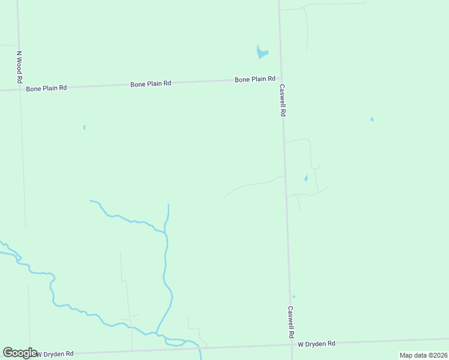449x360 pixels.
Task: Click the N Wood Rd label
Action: tap(19, 67)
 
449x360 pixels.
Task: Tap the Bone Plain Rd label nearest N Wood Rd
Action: tap(46, 88)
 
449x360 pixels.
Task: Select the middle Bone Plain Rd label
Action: tap(151, 84)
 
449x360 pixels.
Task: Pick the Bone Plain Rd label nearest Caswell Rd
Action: tap(255, 79)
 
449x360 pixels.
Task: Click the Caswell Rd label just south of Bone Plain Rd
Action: tap(282, 100)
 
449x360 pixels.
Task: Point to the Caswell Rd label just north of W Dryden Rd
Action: tap(291, 322)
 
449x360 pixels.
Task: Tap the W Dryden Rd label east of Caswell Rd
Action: tap(316, 344)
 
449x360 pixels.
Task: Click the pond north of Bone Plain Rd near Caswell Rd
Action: tap(261, 53)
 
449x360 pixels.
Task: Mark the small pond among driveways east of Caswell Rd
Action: tap(306, 178)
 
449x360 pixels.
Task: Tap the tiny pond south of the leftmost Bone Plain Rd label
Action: tap(84, 127)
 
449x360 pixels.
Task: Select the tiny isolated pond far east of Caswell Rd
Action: tap(372, 119)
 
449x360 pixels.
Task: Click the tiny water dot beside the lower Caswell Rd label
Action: tap(294, 296)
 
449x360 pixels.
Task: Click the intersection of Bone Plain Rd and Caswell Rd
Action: tap(280, 78)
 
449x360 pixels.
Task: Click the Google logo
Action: tap(20, 353)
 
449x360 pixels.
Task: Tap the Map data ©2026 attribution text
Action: tap(423, 355)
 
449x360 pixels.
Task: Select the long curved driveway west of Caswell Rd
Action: tap(252, 185)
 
